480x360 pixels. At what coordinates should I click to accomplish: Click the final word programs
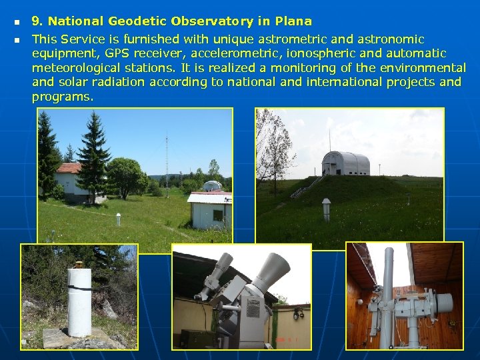pos(62,97)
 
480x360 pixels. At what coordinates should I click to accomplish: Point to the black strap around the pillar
pos(79,287)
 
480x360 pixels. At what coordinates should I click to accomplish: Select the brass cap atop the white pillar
pos(79,263)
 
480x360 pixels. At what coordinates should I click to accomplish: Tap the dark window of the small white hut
pos(217,215)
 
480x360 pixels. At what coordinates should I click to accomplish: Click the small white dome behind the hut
pos(211,186)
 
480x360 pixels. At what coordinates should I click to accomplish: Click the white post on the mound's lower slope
pos(326,208)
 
